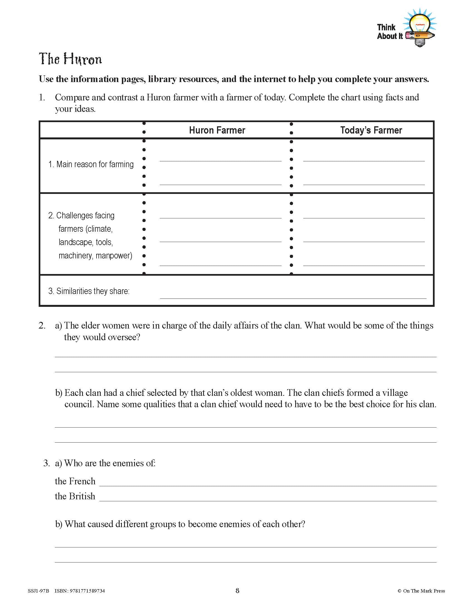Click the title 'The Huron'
click(x=70, y=59)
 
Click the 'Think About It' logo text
click(x=389, y=32)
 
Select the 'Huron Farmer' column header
click(x=217, y=130)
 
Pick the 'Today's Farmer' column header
click(x=371, y=130)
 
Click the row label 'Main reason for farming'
click(x=91, y=164)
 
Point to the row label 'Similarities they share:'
click(x=89, y=291)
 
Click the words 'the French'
click(x=75, y=481)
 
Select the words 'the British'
click(x=75, y=496)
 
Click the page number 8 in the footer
click(x=237, y=591)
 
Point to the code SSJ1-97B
click(x=38, y=591)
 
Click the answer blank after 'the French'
click(x=268, y=483)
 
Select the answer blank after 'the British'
click(x=268, y=498)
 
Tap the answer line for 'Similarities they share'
click(x=293, y=296)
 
